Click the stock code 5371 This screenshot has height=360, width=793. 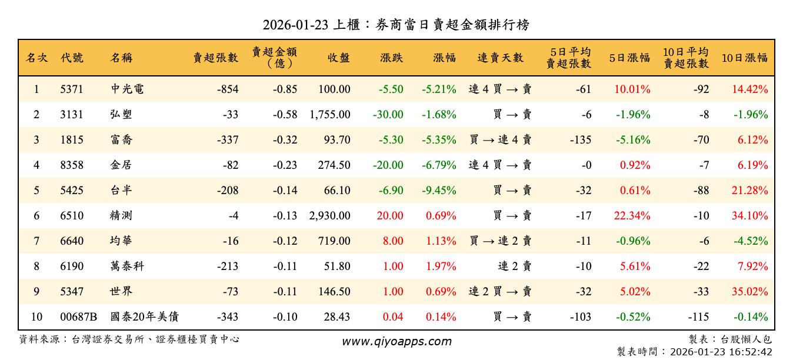72,89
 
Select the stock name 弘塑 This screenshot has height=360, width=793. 121,115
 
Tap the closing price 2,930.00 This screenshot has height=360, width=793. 329,216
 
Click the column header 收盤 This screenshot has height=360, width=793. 339,58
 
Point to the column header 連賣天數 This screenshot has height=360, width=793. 500,58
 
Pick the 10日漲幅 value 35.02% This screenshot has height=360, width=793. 749,292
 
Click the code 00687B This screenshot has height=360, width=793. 78,317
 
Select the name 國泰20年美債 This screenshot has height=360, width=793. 145,317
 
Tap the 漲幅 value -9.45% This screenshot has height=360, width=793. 439,191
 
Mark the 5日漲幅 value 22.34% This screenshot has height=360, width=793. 632,216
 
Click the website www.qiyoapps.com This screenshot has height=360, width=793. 396,341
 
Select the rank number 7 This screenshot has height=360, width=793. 36,241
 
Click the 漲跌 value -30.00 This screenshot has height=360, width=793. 388,115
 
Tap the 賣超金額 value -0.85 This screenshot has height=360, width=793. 285,89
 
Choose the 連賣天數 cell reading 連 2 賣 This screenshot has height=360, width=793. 515,266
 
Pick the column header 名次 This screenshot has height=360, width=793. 36,58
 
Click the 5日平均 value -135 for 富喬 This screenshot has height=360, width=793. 581,140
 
